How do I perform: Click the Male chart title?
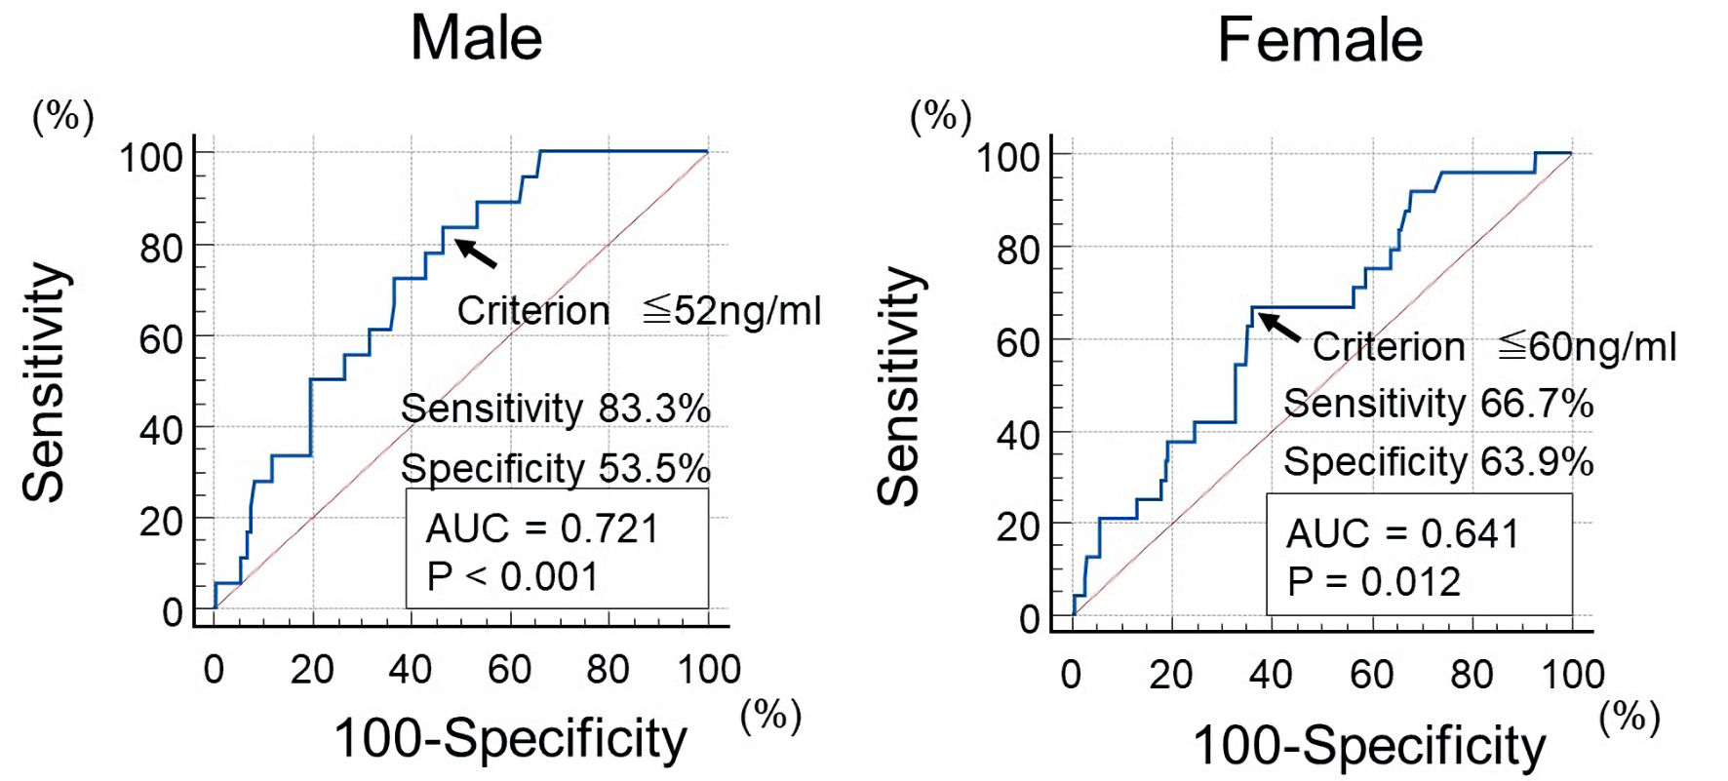coord(476,39)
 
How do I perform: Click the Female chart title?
coord(1319,41)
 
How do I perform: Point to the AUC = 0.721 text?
coord(542,528)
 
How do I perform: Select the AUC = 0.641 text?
coord(1402,533)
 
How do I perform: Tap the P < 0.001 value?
coord(512,577)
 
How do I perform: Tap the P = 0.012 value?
coord(1373,582)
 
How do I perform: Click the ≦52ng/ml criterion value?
coord(732,311)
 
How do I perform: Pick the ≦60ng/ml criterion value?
coord(1588,346)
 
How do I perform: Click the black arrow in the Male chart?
coord(477,253)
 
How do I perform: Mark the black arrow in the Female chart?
coord(1279,327)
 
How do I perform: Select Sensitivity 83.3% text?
coord(555,409)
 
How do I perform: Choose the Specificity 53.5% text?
coord(555,469)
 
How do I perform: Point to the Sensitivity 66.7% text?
coord(1437,404)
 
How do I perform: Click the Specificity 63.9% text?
coord(1437,462)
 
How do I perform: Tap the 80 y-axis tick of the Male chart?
coord(161,249)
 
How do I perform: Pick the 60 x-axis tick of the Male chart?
coord(509,670)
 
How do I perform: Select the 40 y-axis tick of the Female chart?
coord(1018,435)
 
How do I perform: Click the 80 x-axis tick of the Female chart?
coord(1472,674)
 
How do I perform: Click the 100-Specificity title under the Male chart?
coord(510,738)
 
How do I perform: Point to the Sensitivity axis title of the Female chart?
coord(899,385)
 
